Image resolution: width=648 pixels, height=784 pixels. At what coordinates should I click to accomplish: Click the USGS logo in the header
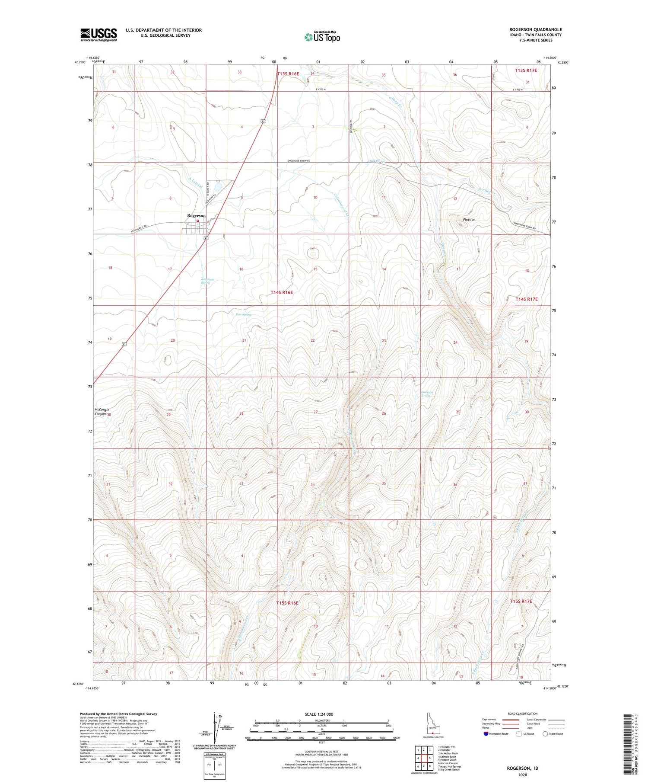[x=98, y=35]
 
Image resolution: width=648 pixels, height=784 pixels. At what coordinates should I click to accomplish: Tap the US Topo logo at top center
[x=322, y=37]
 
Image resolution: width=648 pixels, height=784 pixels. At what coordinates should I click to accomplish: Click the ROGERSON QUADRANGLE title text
[x=535, y=30]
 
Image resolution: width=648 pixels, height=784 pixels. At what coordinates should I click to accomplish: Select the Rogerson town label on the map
[x=196, y=215]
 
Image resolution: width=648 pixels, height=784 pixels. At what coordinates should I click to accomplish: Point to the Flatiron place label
[x=469, y=220]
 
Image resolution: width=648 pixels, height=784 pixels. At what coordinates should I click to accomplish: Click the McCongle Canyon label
[x=100, y=412]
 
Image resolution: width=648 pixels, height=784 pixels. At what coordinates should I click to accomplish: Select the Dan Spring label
[x=244, y=314]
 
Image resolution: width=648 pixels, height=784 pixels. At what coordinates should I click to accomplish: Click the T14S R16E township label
[x=282, y=293]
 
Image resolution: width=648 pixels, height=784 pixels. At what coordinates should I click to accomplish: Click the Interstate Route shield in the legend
[x=486, y=734]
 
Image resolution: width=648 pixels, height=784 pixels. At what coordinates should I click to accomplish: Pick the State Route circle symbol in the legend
[x=545, y=734]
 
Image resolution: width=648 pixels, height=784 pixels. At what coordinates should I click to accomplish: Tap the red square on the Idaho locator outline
[x=432, y=733]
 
